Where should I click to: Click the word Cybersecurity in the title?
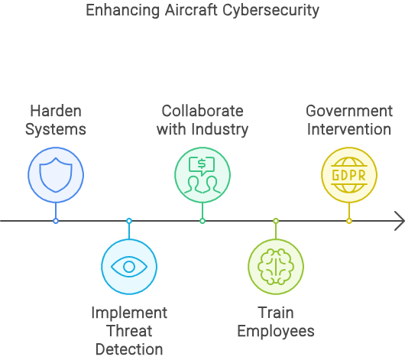271,11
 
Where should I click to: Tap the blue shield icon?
56,175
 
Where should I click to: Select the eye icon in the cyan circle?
129,267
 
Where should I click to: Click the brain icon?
276,267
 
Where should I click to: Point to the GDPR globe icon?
349,175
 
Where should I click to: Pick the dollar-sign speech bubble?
202,166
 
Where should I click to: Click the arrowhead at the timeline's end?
400,221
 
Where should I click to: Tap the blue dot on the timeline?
56,221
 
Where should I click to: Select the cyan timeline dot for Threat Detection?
129,221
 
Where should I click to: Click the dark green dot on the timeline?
202,221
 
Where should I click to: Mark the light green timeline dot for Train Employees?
276,221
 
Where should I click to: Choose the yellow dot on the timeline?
349,221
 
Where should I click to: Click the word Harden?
56,111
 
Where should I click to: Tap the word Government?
349,111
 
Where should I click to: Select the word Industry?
220,129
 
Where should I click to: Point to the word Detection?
129,349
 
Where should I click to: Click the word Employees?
276,331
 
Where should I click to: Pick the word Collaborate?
202,111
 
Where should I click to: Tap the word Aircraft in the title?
191,11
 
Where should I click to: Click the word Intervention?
349,129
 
